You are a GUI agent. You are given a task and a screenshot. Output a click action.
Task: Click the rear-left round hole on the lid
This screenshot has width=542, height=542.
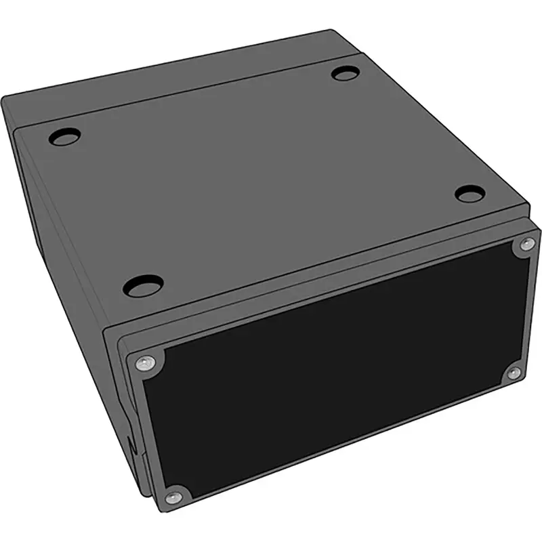point(64,138)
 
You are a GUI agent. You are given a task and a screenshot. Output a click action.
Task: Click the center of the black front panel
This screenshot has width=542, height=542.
point(332,369)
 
